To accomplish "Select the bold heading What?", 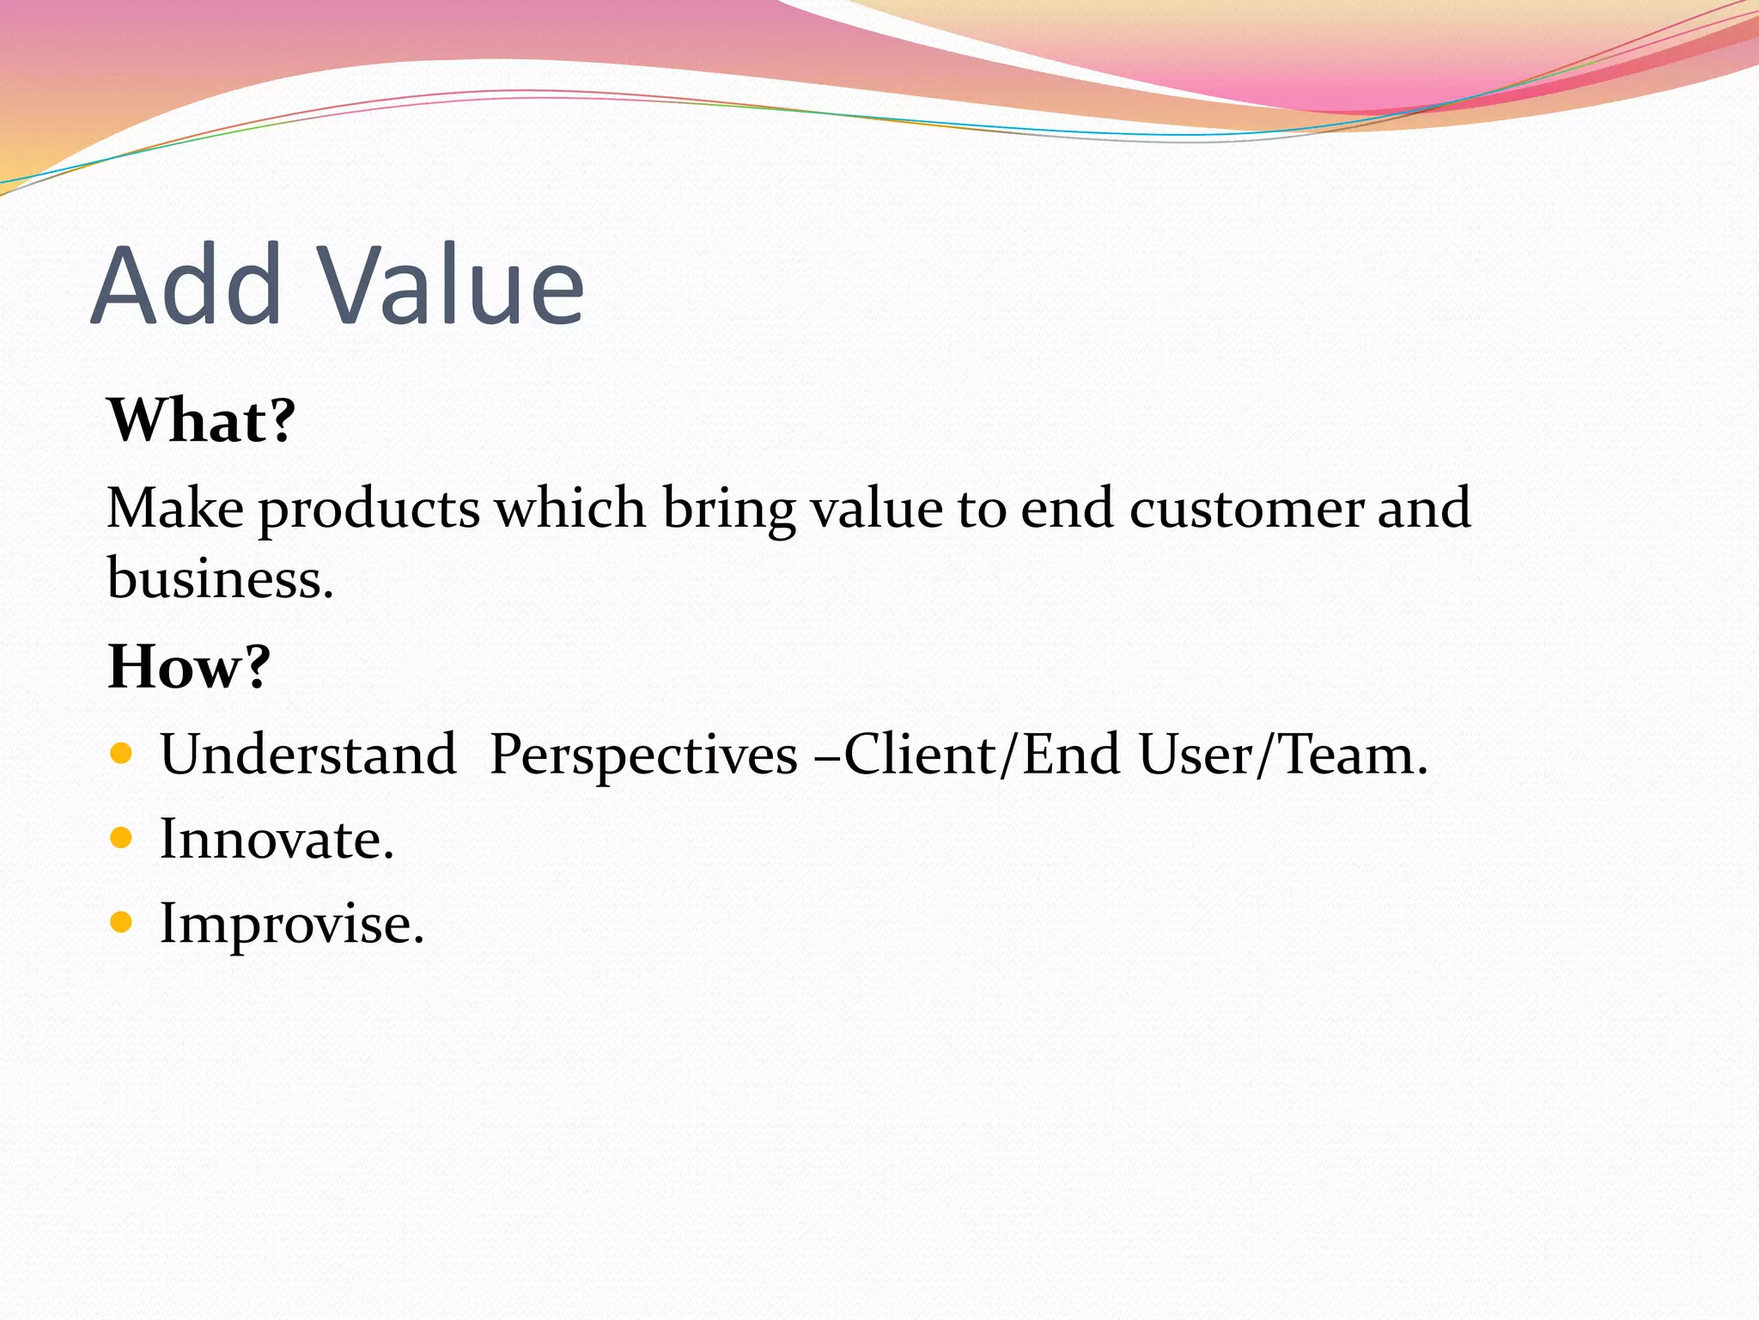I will tap(201, 420).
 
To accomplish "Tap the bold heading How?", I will tap(189, 667).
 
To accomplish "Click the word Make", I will tap(174, 508).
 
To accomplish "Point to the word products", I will tap(369, 510).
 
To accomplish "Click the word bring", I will tap(728, 510).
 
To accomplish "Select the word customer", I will tap(1245, 510).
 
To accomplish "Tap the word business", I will tap(219, 578).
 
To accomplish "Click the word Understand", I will tap(307, 755).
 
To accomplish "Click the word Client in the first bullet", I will tap(919, 755).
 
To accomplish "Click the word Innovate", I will tap(277, 839).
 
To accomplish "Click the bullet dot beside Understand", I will tap(121, 754).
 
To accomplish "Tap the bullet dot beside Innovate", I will tap(121, 838).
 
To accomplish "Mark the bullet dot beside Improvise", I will tap(121, 923).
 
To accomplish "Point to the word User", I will tap(1196, 755).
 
